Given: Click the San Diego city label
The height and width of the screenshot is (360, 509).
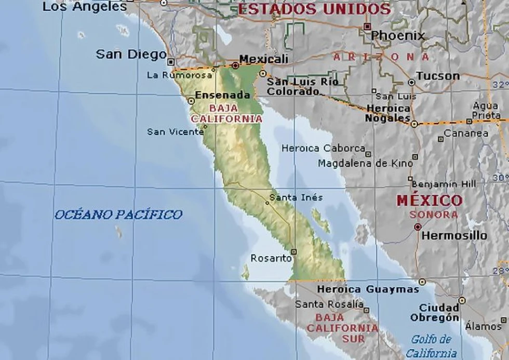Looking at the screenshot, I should point(131,54).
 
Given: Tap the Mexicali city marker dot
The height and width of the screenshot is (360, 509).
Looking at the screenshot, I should point(235,66).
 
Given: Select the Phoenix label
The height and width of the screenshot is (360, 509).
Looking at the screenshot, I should point(398,36).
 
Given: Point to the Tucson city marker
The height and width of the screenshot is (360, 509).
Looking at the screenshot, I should point(411,82).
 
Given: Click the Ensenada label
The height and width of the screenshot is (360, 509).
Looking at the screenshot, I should point(222,96).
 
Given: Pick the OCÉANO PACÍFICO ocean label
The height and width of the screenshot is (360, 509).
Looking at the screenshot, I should point(118,215).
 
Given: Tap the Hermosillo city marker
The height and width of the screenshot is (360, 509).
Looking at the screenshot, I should point(418,227).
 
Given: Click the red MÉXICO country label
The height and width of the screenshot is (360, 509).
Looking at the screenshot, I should point(429,201).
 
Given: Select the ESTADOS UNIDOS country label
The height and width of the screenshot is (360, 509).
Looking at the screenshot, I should point(314,9).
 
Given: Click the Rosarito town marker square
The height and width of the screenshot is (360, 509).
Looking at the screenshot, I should point(293,251).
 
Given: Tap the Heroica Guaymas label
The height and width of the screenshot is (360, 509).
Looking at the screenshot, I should point(368,289).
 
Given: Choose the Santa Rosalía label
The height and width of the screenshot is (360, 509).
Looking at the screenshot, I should point(329,304).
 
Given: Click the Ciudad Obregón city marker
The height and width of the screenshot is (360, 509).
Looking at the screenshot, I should point(462,301).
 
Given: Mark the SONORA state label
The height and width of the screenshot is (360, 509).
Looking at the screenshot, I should point(434,214).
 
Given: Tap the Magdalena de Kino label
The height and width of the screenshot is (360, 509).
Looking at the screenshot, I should point(365,164).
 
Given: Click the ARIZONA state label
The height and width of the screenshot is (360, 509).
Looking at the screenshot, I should point(382,57).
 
